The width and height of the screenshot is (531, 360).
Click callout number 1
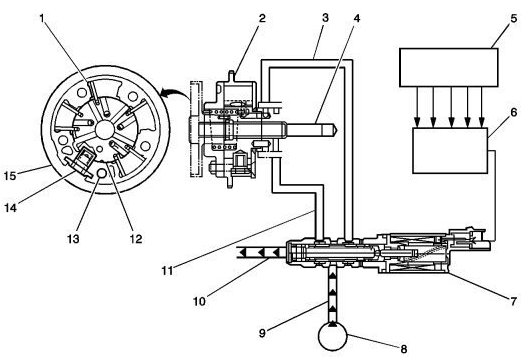(x=42, y=18)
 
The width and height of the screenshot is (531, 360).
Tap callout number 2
(x=262, y=18)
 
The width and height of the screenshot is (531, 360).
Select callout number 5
(x=514, y=18)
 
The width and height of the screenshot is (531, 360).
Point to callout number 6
(x=514, y=111)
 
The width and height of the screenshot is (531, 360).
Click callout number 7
(x=514, y=300)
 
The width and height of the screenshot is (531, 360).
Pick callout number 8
(x=403, y=348)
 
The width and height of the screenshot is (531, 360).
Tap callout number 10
(x=199, y=301)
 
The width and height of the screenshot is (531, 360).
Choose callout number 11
(x=167, y=271)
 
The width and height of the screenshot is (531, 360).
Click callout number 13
(x=73, y=239)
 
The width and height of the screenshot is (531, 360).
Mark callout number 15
(x=10, y=176)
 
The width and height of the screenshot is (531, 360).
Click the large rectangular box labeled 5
(x=449, y=67)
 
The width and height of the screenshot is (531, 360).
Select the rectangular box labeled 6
(x=450, y=150)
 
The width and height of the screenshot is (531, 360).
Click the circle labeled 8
(x=334, y=336)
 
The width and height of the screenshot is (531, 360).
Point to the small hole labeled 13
(x=102, y=173)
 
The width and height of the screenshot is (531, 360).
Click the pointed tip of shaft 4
(x=337, y=130)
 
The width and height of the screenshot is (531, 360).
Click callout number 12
(x=136, y=239)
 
